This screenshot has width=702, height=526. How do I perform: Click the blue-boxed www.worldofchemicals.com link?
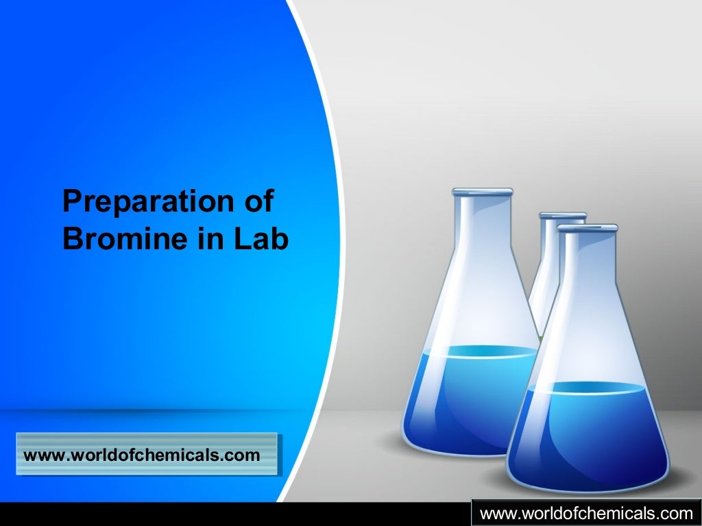pyautogui.click(x=142, y=455)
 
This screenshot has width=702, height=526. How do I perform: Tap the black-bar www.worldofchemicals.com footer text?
pyautogui.click(x=586, y=513)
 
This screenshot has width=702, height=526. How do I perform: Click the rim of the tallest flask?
pyautogui.click(x=482, y=191)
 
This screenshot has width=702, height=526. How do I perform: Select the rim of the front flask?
pyautogui.click(x=587, y=227)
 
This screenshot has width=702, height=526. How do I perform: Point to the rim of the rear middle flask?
pyautogui.click(x=562, y=216)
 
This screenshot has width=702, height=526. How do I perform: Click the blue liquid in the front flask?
pyautogui.click(x=587, y=431)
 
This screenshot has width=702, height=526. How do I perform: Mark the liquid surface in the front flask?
pyautogui.click(x=587, y=388)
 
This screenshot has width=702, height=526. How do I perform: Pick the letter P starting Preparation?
pyautogui.click(x=71, y=203)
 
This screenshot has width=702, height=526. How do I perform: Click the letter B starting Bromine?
pyautogui.click(x=71, y=239)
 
